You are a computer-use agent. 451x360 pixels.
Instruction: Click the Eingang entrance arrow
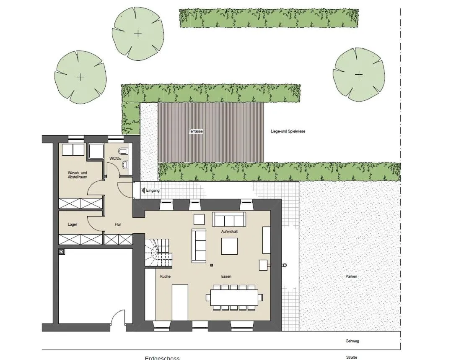tap(143, 190)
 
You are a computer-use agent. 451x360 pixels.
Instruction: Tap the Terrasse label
tap(196, 131)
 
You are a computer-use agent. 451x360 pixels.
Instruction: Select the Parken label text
tap(351, 277)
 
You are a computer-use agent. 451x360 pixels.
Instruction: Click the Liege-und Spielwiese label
tap(288, 131)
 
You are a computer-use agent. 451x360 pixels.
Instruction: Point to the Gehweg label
tap(352, 341)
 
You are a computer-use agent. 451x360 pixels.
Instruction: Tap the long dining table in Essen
tap(233, 297)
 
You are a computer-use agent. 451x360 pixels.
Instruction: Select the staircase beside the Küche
tap(157, 252)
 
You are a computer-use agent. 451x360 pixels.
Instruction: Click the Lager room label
tap(73, 224)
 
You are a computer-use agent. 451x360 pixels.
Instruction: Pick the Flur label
tap(118, 224)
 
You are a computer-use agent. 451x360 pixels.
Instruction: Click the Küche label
tap(165, 277)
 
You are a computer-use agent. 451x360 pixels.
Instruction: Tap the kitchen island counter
tap(180, 302)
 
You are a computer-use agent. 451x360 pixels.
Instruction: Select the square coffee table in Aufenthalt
tap(229, 246)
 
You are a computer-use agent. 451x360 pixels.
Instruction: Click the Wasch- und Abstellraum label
tap(77, 175)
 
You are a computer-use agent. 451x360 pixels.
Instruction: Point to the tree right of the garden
tap(359, 75)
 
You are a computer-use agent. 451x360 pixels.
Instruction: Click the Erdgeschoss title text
tap(162, 358)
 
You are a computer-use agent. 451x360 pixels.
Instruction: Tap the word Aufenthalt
tap(230, 232)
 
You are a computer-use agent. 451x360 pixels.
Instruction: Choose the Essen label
tap(226, 277)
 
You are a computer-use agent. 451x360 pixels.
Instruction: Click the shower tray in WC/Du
tap(96, 151)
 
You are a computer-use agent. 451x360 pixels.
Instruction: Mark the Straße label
tap(352, 357)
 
